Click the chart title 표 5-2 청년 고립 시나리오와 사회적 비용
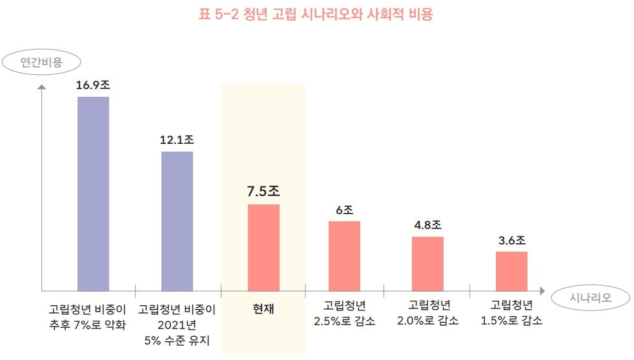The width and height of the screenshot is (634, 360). (316, 15)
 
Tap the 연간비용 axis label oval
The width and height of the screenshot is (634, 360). (41, 63)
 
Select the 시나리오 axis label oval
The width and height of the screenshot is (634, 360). (591, 297)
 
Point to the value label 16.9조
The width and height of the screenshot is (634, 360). (93, 85)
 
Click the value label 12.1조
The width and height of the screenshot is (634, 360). (177, 139)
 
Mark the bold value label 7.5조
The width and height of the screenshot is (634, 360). (263, 192)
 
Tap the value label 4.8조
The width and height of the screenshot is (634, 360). (427, 225)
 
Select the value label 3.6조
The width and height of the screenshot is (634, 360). (511, 241)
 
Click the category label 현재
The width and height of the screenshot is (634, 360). (263, 308)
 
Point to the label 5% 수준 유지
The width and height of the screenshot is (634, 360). (177, 339)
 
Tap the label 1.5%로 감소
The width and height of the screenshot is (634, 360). (511, 321)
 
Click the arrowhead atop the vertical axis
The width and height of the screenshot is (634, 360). (41, 87)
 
